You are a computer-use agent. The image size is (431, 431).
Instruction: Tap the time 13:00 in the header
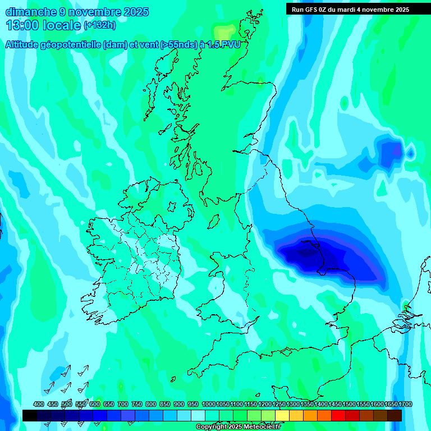tap(22, 25)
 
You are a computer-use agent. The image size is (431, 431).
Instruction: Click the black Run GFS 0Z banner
tap(350, 10)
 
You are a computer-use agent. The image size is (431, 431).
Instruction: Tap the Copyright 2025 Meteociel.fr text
tap(239, 427)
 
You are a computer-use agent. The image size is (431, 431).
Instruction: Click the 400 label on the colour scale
tap(39, 404)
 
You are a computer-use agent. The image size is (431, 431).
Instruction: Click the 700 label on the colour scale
tap(123, 404)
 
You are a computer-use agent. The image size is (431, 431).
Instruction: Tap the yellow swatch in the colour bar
tap(282, 415)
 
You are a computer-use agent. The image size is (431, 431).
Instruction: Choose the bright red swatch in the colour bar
tap(338, 415)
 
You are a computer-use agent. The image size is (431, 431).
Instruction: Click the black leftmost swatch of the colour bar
tap(30, 415)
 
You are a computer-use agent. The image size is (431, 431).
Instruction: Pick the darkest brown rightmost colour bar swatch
tap(395, 415)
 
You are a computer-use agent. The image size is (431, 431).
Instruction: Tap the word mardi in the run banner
tap(354, 10)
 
